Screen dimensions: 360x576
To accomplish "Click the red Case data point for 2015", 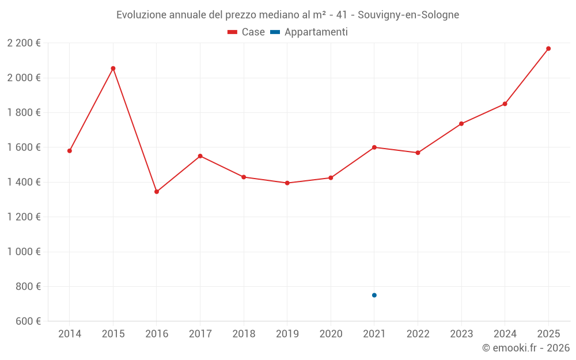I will click(x=113, y=69).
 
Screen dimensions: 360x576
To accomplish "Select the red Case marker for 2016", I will click(x=157, y=192).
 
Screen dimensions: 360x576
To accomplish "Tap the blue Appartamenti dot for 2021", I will click(x=374, y=295).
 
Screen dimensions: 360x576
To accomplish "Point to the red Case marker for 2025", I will click(x=548, y=48).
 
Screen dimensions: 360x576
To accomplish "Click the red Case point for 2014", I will click(x=70, y=151).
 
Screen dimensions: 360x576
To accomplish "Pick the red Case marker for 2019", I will click(x=287, y=183).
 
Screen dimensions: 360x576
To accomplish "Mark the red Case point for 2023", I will click(x=461, y=124).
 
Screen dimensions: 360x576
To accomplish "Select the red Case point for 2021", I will click(x=374, y=147).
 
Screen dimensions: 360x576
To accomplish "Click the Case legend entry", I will click(x=247, y=32).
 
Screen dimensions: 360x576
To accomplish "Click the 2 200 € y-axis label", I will click(x=24, y=43).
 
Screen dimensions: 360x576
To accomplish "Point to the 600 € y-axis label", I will click(x=27, y=321).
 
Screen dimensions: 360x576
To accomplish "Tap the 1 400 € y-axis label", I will click(x=24, y=182).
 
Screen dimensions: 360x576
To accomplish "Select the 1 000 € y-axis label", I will click(x=24, y=252).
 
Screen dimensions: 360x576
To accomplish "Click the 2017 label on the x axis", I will click(x=200, y=334).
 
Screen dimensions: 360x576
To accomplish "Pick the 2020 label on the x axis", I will click(x=331, y=334).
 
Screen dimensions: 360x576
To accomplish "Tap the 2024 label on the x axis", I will click(x=505, y=334).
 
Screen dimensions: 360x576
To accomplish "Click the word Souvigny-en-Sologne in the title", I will click(x=408, y=15).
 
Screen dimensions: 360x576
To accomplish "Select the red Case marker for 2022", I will click(x=418, y=153).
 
